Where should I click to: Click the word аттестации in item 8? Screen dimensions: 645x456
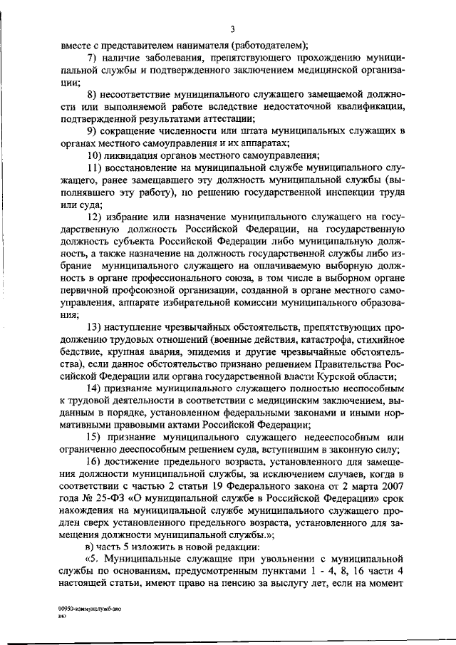(222, 118)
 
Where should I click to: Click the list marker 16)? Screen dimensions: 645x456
(95, 463)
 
